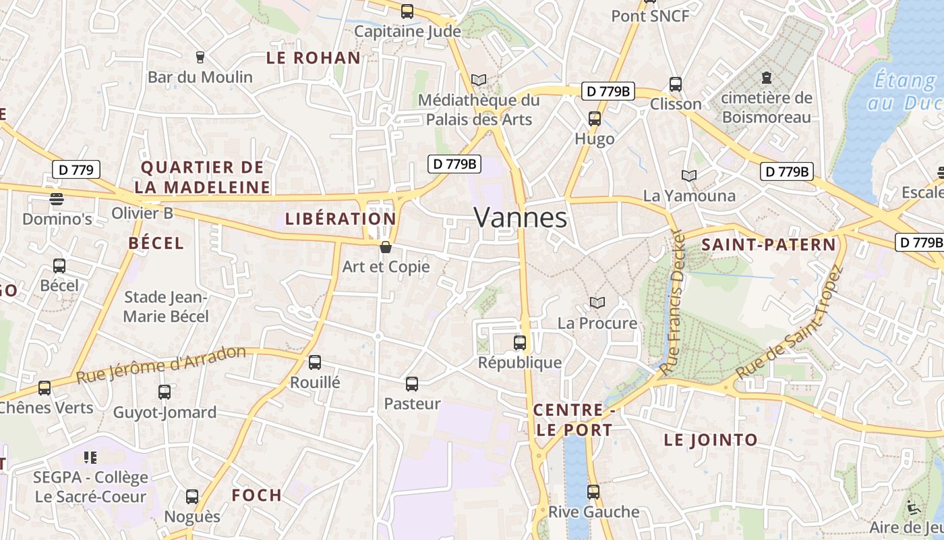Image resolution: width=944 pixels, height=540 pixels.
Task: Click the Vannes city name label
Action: click(520, 217)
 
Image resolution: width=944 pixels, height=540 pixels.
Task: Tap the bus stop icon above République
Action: click(520, 343)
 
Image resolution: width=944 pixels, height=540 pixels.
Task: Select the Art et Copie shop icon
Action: click(386, 247)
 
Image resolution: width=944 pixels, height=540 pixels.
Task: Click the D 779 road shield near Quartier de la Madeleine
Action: click(76, 169)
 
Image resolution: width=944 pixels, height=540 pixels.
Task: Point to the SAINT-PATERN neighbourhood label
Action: click(769, 245)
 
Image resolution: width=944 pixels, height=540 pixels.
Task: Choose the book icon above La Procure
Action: click(597, 302)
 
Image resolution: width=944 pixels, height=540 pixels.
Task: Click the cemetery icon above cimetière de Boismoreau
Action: click(767, 78)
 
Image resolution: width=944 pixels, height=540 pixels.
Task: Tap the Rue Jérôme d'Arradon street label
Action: click(162, 365)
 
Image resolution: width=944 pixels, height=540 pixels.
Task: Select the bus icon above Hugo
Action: click(594, 119)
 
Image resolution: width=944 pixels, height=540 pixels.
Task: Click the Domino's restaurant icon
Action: click(57, 199)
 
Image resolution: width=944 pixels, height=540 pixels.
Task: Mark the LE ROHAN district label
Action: click(314, 58)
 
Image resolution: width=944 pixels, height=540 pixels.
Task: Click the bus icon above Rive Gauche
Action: click(593, 492)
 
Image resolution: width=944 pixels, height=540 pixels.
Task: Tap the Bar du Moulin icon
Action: click(200, 57)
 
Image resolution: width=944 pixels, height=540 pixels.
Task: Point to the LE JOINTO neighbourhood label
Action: click(711, 440)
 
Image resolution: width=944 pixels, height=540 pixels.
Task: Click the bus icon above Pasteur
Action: click(412, 384)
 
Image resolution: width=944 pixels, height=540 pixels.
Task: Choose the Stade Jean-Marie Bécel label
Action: click(166, 306)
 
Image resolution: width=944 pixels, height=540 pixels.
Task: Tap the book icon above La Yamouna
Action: click(688, 175)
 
